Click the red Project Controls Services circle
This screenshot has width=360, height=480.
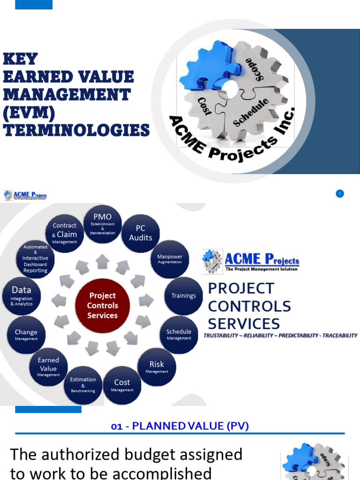coord(103,305)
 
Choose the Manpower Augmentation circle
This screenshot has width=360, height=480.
coord(170,259)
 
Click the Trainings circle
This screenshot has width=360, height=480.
coord(183,296)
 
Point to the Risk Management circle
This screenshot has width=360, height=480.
coord(157,367)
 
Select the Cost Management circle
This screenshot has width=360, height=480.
coord(122,385)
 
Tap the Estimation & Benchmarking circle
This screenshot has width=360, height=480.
coord(83,385)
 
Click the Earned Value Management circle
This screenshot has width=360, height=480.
coord(49,367)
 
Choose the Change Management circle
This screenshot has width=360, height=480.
coord(26,335)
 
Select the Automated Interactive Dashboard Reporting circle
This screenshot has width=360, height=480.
coord(36,259)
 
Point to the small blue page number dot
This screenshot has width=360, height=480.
coord(340,194)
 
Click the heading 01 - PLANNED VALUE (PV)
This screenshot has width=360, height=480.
coord(180,426)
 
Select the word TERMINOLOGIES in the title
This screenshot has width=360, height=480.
coord(76,130)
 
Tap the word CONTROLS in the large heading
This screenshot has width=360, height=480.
coord(249,306)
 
